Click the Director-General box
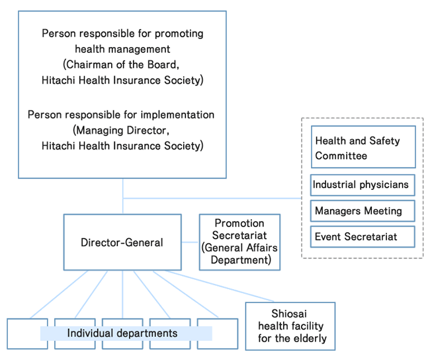click(122, 242)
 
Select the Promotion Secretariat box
click(239, 242)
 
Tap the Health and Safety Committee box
click(363, 148)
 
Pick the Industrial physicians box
click(363, 185)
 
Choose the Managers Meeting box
click(363, 211)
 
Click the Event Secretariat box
click(363, 236)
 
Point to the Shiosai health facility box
click(290, 326)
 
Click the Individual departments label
click(122, 333)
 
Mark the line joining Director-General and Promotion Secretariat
click(191, 242)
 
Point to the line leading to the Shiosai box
click(225, 286)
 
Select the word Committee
click(341, 156)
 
